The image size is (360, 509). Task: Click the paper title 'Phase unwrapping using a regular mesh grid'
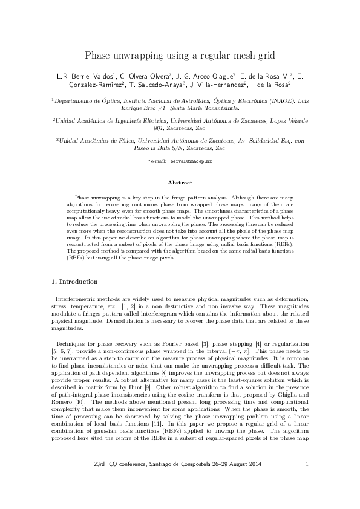point(180,56)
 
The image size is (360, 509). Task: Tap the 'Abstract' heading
point(180,183)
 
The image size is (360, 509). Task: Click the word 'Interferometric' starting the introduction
point(76,300)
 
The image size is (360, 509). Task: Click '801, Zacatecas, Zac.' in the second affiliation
point(180,128)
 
